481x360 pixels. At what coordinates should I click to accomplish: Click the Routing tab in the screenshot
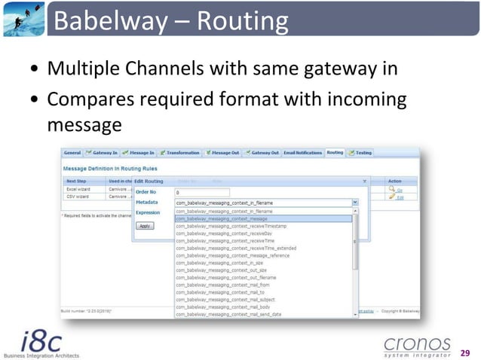pos(335,153)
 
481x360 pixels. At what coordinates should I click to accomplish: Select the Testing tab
pos(361,153)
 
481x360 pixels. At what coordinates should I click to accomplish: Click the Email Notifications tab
pos(302,153)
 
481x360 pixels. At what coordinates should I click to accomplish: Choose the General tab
pos(72,153)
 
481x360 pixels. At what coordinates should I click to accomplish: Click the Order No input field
pos(201,192)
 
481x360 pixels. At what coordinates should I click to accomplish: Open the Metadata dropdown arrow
pos(355,203)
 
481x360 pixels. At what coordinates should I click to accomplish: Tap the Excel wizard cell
pos(78,190)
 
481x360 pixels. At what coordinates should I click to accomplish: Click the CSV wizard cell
pos(77,197)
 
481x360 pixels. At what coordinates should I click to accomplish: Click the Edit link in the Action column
pos(400,197)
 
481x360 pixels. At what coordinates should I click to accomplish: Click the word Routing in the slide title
pos(242,21)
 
